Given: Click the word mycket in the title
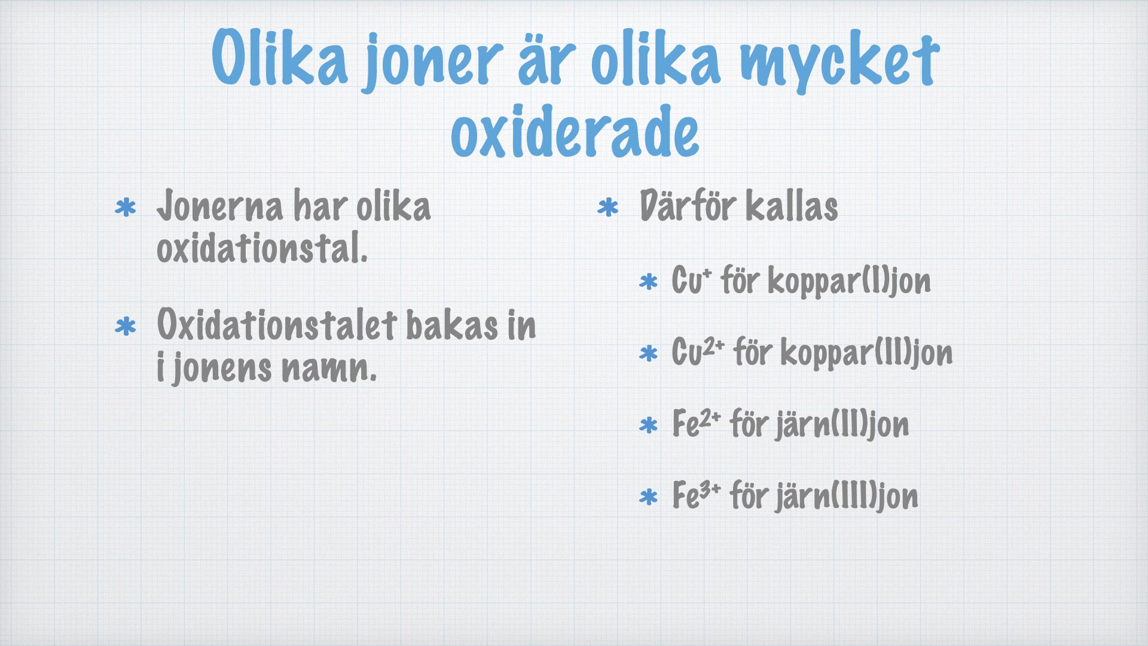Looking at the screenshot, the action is (840, 62).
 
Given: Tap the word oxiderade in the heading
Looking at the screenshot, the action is (575, 132).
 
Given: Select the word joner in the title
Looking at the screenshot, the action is (432, 62).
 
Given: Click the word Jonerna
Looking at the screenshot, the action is (219, 206).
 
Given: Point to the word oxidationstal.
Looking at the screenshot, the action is (262, 248).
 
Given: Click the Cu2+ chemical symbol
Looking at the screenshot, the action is (698, 351).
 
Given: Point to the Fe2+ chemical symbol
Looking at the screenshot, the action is (697, 423).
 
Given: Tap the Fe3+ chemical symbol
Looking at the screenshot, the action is (697, 495).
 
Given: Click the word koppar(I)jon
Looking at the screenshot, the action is (849, 282).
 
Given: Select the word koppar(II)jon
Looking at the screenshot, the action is (866, 353).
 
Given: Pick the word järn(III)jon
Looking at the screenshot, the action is (847, 496).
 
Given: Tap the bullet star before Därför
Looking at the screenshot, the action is (608, 208).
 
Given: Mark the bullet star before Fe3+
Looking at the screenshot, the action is (648, 497).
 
